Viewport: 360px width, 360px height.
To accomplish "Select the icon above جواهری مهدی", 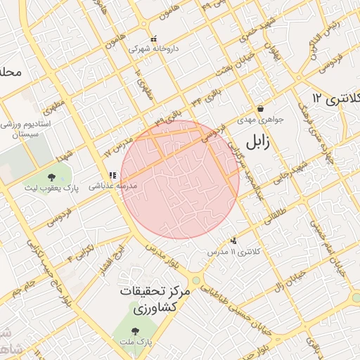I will point(261,109).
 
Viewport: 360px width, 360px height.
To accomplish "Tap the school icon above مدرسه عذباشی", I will point(112,175).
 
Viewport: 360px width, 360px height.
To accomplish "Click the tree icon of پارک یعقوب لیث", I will point(53,176).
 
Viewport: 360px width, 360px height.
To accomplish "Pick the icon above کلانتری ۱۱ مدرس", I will point(234,240).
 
